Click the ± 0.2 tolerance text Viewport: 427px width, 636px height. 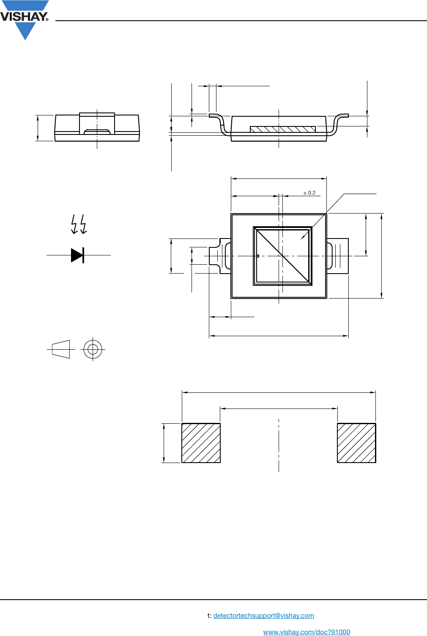pos(309,193)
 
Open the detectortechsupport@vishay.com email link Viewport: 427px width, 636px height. pos(263,616)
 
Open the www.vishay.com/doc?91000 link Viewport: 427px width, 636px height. pos(307,632)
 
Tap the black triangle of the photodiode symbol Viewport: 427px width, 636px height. pos(76,255)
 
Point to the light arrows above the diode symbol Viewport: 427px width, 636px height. pos(79,224)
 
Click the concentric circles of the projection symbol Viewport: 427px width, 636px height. pos(93,350)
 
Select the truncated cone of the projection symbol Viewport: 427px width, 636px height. pos(61,350)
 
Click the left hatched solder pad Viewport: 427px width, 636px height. pos(201,443)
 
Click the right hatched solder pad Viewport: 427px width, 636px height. pos(356,443)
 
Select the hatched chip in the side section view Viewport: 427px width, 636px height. pos(282,129)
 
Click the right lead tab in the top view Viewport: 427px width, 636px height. pos(338,256)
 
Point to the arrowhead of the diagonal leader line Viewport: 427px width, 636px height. pos(302,238)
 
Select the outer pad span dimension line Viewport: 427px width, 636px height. pos(279,392)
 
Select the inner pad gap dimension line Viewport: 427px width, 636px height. pos(279,408)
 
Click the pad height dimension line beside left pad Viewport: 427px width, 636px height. pos(164,443)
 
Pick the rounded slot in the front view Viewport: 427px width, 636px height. pos(97,132)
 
